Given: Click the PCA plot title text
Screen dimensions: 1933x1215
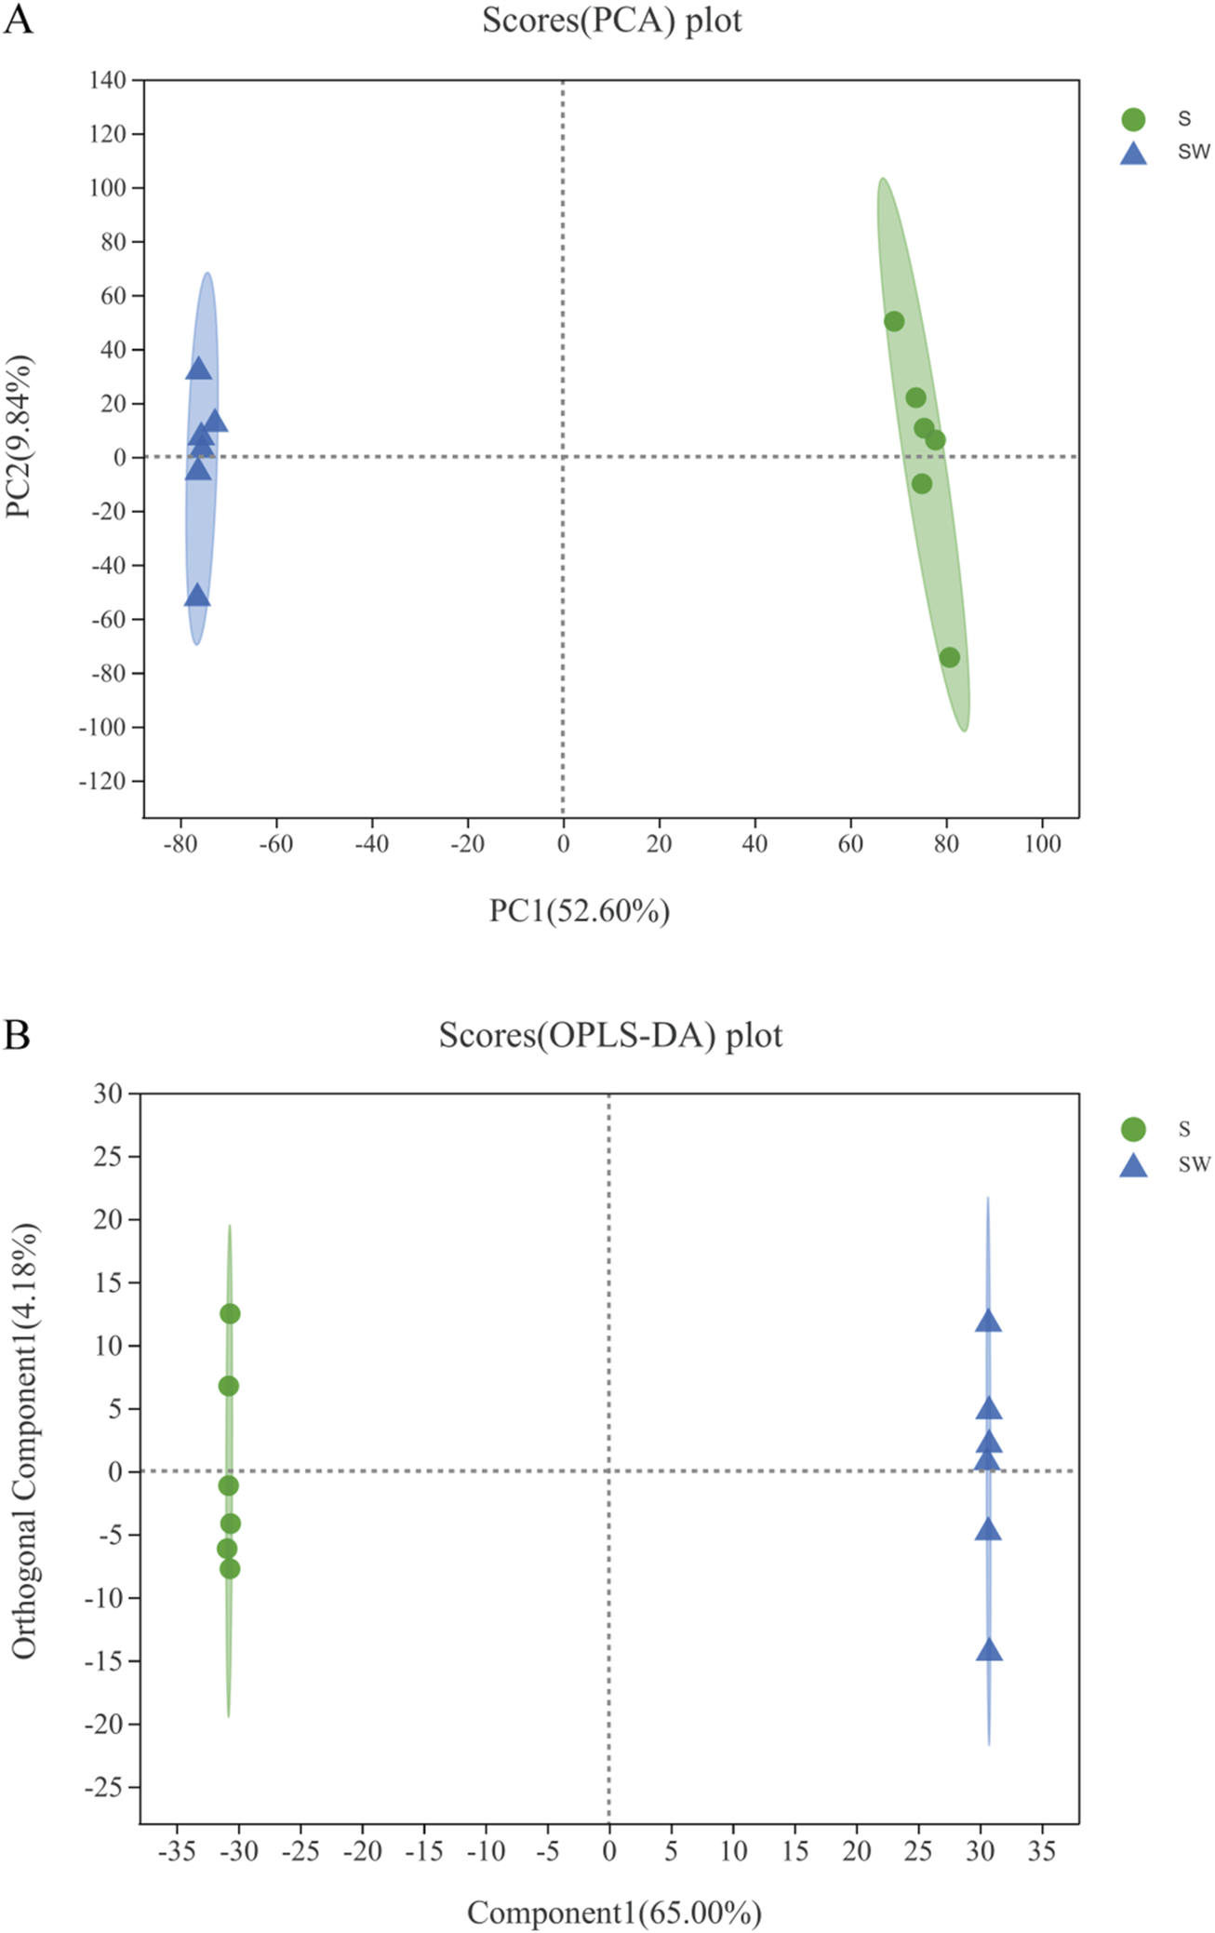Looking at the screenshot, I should point(611,20).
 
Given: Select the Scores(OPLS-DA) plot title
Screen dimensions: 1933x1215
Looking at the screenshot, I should point(610,1035).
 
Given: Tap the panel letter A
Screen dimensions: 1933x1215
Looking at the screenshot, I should point(18,19).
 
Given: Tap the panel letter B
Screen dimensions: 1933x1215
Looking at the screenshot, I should point(17,1034).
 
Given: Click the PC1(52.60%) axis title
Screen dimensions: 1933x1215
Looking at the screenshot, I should point(579,910).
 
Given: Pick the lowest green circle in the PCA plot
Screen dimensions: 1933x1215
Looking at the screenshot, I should point(949,657).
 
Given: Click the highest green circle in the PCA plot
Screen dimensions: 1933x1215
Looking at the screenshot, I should point(893,321).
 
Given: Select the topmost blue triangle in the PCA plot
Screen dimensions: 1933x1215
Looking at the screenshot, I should point(199,369).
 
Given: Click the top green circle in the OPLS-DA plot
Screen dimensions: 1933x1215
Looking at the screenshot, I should point(230,1313).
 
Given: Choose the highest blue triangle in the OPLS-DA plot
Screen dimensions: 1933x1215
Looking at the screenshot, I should point(988,1322).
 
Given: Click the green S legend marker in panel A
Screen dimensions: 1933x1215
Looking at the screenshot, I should point(1132,119).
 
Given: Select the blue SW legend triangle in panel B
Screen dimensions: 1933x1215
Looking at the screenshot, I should point(1132,1166).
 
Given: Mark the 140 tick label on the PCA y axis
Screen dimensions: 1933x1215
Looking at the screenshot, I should point(107,80).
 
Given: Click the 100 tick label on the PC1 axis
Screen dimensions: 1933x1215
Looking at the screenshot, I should point(1042,844).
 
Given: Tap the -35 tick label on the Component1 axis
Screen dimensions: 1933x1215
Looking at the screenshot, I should point(177,1851).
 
